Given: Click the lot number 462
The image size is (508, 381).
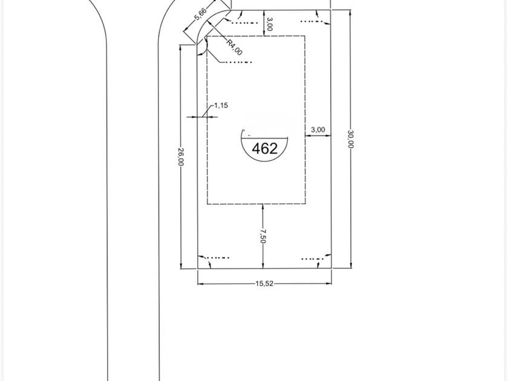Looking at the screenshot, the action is [x=265, y=149].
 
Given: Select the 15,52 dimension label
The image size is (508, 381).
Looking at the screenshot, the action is [x=264, y=284].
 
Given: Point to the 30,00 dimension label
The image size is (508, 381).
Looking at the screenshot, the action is [x=351, y=138].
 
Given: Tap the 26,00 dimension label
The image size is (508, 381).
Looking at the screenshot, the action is [x=181, y=157].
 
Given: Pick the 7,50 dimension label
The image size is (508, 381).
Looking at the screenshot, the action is [x=262, y=236].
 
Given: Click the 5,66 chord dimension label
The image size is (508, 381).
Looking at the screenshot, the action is [x=200, y=15].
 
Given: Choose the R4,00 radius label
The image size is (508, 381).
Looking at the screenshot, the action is [x=234, y=47].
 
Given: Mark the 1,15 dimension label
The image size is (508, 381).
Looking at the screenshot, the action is [x=221, y=105].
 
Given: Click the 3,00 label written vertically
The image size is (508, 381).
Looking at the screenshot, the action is [x=269, y=24].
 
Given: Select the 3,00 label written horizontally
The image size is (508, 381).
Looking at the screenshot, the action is [x=318, y=129].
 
